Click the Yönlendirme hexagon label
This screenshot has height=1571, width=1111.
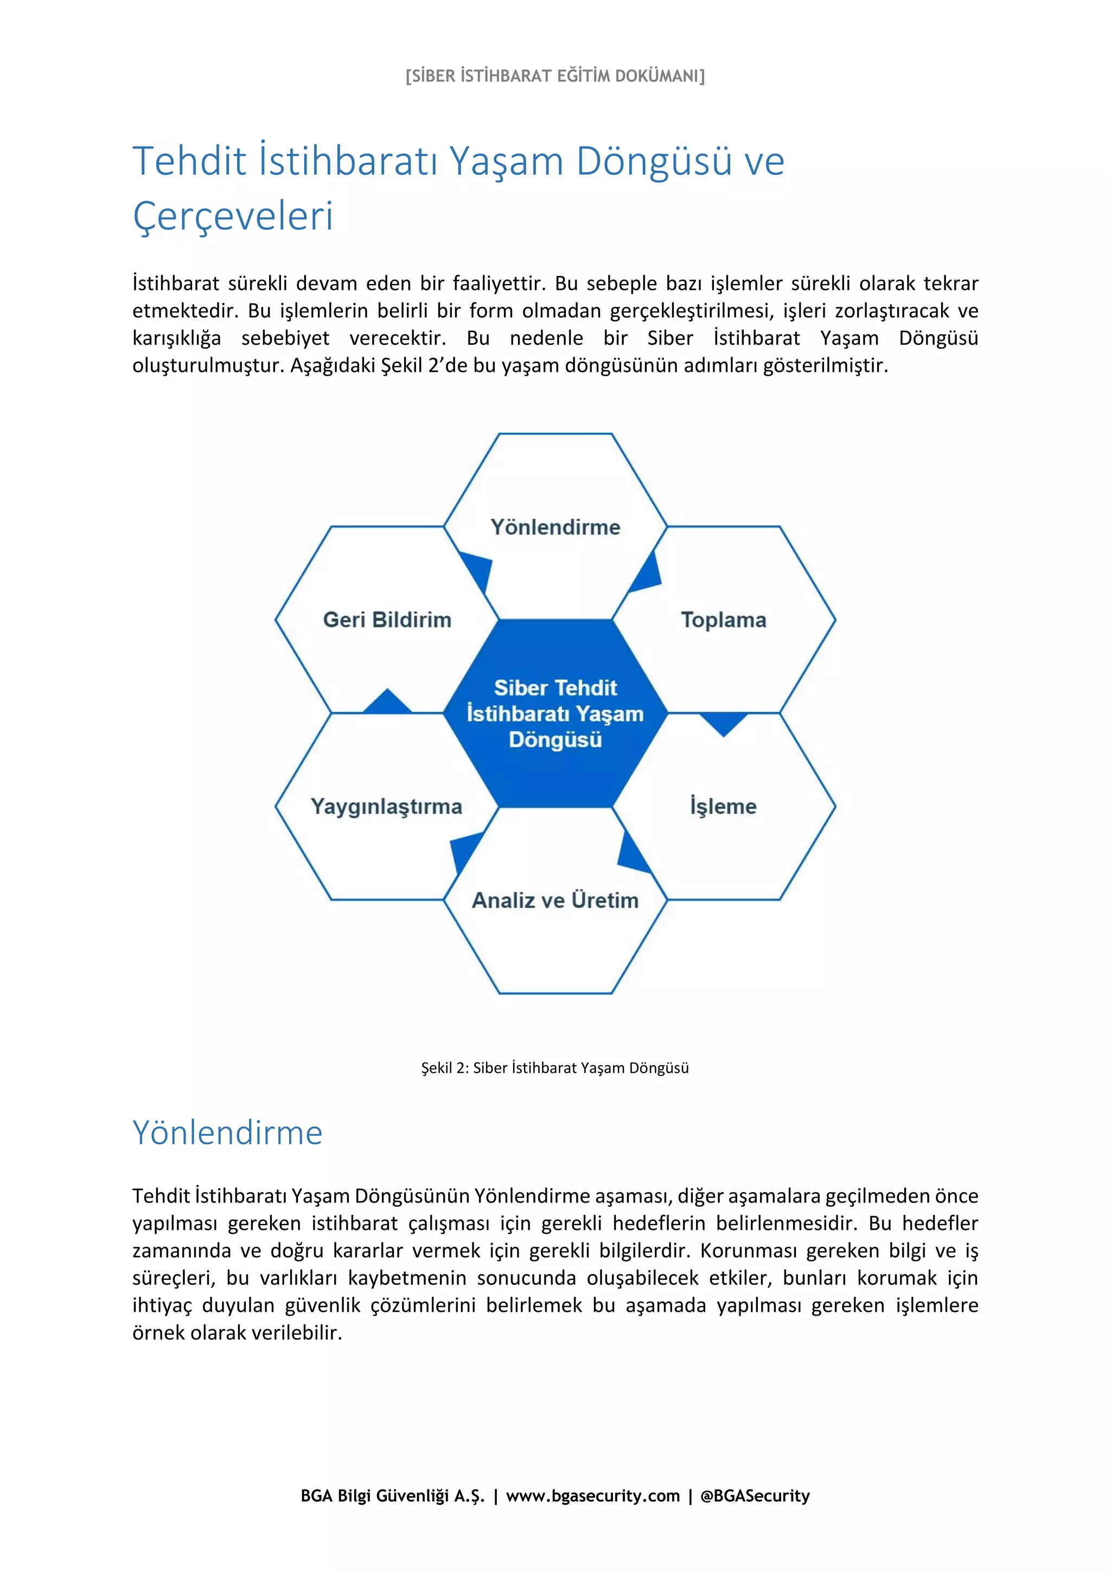(555, 527)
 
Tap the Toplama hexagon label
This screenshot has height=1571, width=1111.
(724, 620)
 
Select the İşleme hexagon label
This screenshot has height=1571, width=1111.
(723, 806)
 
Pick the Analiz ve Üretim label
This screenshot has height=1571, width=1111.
(555, 900)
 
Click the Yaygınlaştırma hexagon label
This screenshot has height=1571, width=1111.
(387, 806)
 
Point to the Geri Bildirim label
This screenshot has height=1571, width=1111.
(387, 620)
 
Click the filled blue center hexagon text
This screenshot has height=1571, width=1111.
(555, 713)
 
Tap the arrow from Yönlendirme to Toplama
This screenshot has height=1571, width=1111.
(647, 574)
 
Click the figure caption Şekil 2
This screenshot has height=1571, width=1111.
(554, 1068)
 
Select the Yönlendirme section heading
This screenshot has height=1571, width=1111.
(227, 1133)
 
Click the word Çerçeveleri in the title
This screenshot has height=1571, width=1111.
(233, 216)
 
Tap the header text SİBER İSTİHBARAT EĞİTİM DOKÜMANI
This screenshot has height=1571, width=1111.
(555, 76)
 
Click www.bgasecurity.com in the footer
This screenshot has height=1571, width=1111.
(593, 1496)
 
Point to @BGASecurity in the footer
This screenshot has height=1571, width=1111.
(755, 1496)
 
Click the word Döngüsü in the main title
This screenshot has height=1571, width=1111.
(654, 162)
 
